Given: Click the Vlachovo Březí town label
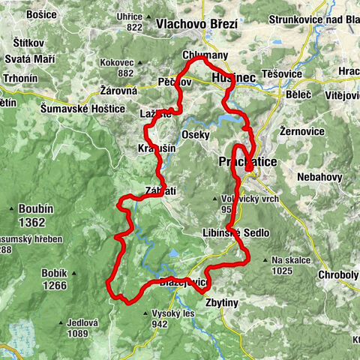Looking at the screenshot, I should (x=196, y=24).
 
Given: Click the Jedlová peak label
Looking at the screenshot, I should (x=82, y=322).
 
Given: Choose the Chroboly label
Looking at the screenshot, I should (x=337, y=274).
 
